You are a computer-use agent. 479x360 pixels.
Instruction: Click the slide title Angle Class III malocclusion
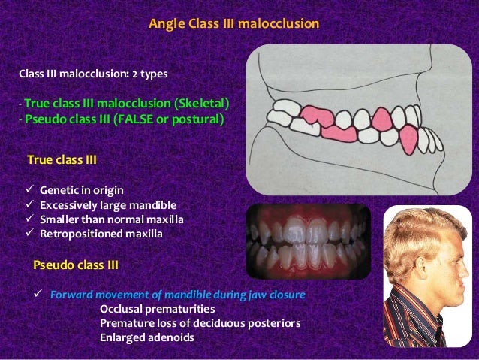pos(233,25)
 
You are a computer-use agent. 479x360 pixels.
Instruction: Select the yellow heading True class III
pos(62,160)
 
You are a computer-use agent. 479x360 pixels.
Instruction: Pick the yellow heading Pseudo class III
pos(76,265)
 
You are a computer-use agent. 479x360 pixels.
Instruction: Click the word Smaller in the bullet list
pos(61,219)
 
